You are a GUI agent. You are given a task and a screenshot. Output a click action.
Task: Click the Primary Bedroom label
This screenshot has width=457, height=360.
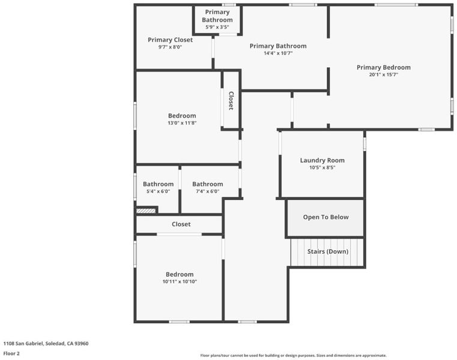(x=384, y=67)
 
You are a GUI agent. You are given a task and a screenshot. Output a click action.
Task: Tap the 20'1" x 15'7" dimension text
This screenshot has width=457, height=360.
(x=384, y=74)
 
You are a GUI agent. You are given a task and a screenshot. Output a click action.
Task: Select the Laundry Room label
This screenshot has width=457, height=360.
(x=322, y=160)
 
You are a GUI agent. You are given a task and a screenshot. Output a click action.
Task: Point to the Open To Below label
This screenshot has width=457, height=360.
(x=326, y=217)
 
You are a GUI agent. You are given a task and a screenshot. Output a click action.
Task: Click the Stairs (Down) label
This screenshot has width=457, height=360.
(x=328, y=251)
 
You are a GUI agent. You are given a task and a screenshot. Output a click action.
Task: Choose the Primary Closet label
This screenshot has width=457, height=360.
(x=170, y=40)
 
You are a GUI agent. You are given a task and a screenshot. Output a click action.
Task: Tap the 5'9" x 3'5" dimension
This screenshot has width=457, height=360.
(x=217, y=27)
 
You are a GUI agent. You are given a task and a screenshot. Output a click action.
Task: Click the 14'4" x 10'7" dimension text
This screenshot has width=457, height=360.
(x=278, y=53)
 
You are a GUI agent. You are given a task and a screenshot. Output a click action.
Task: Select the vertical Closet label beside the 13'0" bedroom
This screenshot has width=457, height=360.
(x=231, y=101)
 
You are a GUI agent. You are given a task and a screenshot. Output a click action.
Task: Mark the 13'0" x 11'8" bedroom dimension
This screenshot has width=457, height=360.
(x=182, y=123)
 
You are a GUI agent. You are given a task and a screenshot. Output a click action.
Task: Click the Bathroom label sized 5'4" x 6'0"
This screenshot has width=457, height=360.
(x=159, y=184)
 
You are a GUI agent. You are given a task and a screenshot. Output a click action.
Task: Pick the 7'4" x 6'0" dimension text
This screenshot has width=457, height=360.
(x=208, y=191)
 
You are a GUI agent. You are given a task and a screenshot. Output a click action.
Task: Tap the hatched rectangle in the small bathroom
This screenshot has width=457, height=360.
(x=147, y=211)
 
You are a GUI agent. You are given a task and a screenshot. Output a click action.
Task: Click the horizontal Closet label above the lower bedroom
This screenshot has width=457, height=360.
(x=181, y=224)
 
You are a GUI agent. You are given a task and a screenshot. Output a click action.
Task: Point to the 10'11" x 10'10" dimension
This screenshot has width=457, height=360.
(x=180, y=281)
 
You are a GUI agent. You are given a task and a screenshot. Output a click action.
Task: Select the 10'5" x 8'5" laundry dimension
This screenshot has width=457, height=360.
(x=322, y=167)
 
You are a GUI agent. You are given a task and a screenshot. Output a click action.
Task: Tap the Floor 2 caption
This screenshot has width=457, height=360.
(x=11, y=353)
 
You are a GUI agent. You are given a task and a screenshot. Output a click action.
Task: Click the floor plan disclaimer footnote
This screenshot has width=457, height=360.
(x=293, y=355)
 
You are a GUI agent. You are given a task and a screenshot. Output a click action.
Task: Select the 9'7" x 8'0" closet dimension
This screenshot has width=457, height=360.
(x=170, y=47)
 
